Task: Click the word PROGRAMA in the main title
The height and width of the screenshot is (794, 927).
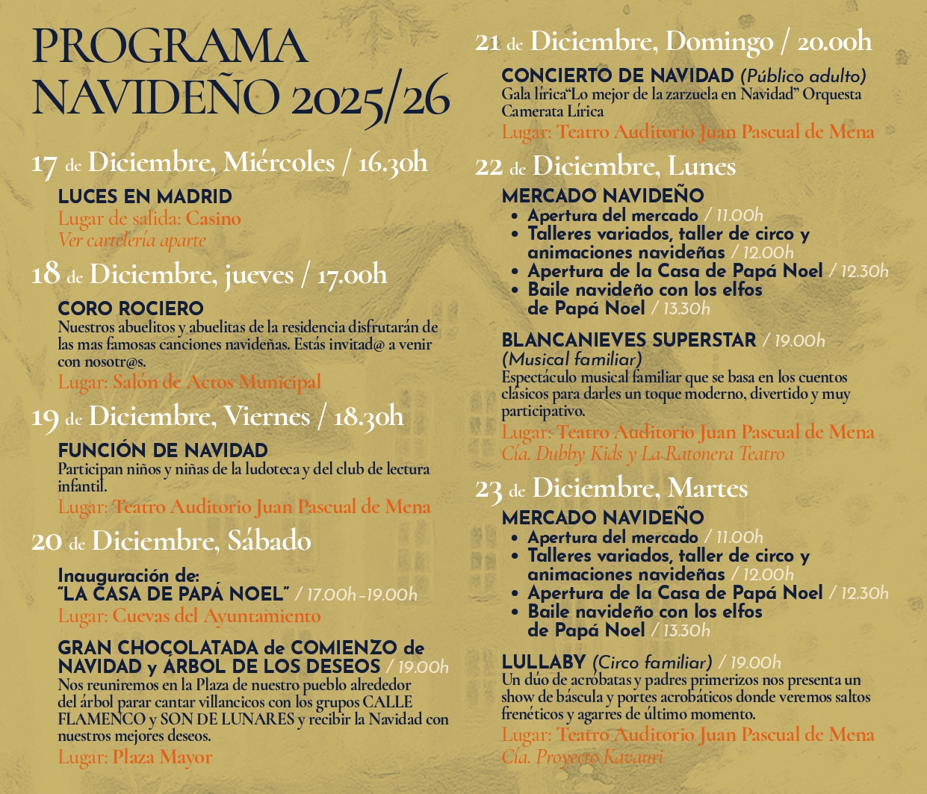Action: [x=170, y=48]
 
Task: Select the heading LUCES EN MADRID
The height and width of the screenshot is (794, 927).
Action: [x=145, y=197]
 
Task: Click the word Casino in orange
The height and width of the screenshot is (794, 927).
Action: [x=214, y=219]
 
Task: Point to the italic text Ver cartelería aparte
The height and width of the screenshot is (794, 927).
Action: [x=131, y=241]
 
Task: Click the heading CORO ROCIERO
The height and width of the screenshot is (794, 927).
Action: [x=131, y=308]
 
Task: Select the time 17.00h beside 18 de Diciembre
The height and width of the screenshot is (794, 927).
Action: [x=353, y=276]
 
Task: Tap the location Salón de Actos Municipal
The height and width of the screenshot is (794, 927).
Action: [x=217, y=382]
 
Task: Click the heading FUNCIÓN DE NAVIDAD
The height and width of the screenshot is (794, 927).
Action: [x=163, y=451]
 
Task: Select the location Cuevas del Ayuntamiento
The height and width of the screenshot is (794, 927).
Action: [x=217, y=616]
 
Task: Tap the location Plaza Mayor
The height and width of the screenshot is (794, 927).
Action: [x=163, y=757]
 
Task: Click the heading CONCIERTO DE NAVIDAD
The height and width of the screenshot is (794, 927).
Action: [x=618, y=76]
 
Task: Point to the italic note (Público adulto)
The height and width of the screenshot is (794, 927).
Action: [x=803, y=77]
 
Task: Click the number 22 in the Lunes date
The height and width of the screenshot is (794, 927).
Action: [x=489, y=167]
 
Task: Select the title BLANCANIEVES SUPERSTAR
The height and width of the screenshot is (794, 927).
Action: [x=629, y=341]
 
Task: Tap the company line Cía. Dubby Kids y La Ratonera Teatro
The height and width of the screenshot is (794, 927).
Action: [x=643, y=453]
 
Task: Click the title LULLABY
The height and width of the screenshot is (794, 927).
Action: [x=543, y=663]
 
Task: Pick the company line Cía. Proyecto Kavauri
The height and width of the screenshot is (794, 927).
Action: [x=582, y=757]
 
